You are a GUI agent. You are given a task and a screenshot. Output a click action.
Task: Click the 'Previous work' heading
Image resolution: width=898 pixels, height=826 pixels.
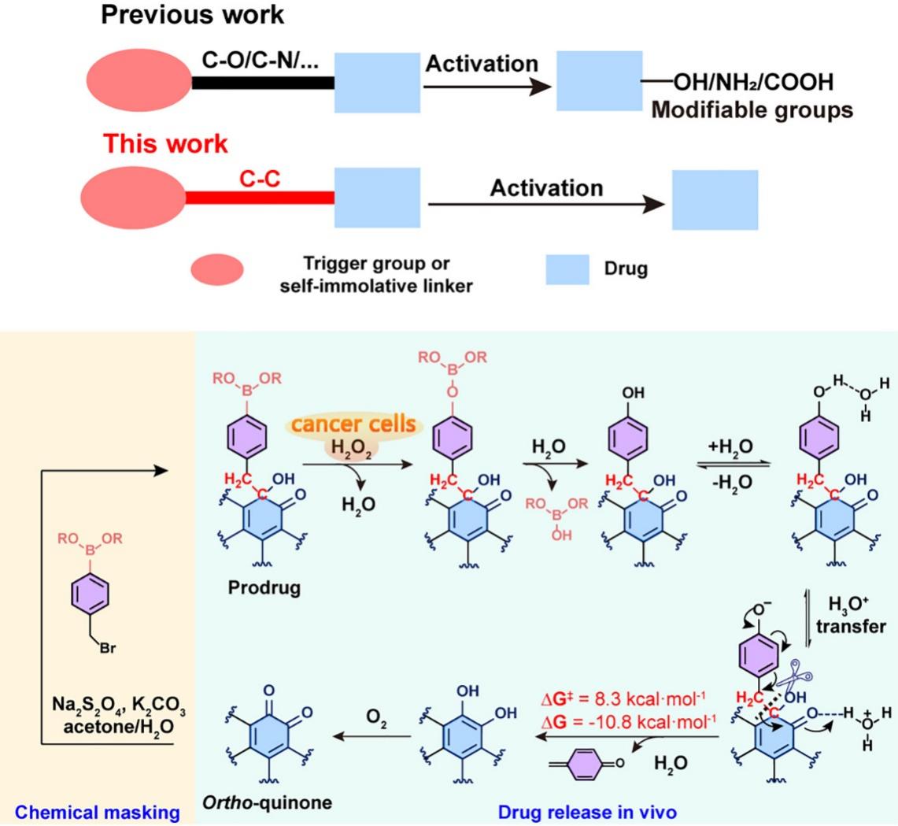[x=193, y=14]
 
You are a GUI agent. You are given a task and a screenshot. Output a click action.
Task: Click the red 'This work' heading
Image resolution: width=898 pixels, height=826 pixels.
[x=165, y=144]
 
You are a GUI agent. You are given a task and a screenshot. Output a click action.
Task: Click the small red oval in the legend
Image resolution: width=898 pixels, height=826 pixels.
[x=217, y=270]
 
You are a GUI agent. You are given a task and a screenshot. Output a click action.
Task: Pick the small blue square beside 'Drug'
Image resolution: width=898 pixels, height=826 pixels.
[x=567, y=269]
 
